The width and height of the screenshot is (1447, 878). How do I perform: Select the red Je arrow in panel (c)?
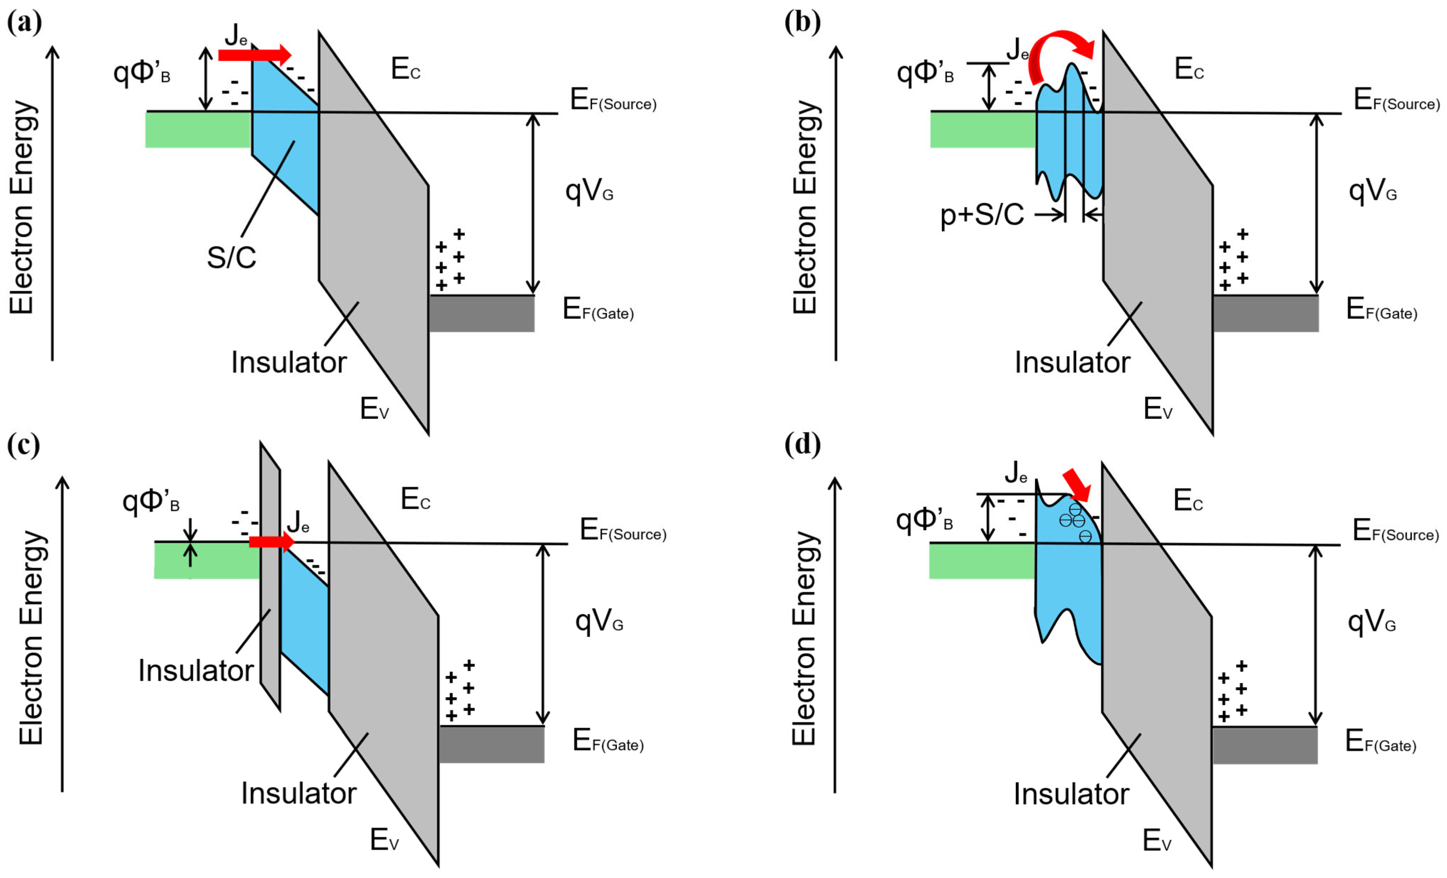pos(271,541)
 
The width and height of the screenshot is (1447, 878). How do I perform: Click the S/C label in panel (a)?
pos(231,257)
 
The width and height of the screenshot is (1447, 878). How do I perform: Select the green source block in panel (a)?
pos(198,130)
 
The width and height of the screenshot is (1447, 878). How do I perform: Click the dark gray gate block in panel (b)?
pos(1265,313)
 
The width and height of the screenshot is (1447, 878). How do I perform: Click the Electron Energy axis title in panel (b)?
pos(805,207)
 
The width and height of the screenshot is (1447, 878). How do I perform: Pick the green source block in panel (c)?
pos(207,560)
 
